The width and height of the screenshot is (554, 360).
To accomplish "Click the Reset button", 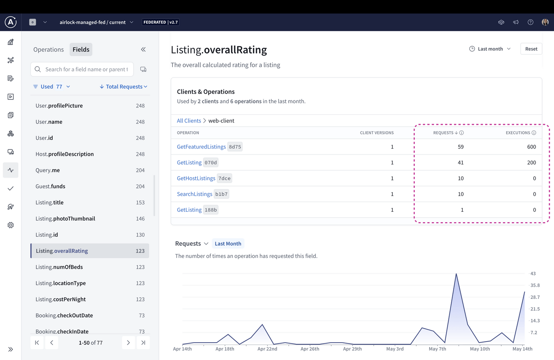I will pos(531,49).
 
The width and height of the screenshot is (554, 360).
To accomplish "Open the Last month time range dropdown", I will pos(490,49).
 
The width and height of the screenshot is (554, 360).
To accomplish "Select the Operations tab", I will pos(48,50).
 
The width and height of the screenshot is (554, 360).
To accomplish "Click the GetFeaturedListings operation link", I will pos(201,147).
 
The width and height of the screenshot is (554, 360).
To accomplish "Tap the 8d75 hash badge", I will pos(235,147).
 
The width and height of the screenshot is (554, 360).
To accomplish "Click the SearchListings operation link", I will pos(194,194).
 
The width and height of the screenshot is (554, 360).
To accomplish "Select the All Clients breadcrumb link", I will pos(189,121).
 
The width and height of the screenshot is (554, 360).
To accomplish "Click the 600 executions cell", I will pos(531,147).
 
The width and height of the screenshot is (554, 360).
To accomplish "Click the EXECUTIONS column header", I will pos(518,133).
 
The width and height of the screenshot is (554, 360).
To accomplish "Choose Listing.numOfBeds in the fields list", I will pos(59,267).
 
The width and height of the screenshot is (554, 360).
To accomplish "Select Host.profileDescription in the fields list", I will pos(65,154).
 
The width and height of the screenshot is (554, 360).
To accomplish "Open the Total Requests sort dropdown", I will pos(124,87).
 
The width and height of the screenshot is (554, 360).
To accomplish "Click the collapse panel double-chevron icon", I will pos(143,49).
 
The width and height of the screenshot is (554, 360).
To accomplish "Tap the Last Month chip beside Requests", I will pos(228,244).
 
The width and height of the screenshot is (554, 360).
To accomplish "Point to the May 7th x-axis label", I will pos(437,349).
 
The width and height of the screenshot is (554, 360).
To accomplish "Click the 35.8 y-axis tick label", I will pos(535,285).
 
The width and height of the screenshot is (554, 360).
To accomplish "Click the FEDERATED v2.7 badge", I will pos(160,22).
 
